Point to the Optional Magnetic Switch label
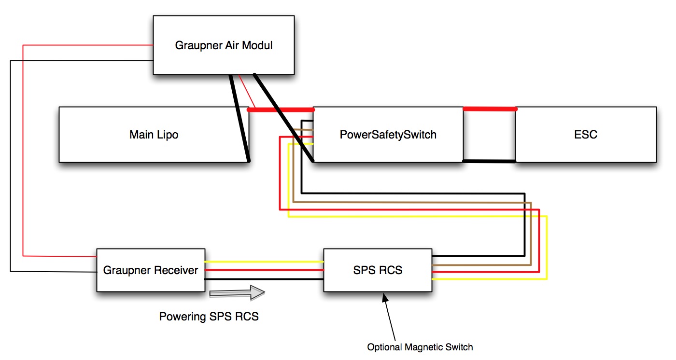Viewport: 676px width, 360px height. [x=420, y=347]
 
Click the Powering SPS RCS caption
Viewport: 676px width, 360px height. [x=209, y=317]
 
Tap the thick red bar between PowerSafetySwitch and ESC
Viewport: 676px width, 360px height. [x=490, y=109]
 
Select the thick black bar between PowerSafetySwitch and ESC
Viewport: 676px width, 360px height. [x=490, y=161]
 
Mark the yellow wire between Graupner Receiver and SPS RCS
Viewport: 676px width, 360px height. [x=264, y=262]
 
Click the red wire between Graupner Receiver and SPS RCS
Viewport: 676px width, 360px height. [x=264, y=270]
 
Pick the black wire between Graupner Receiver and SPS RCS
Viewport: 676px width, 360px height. [x=264, y=279]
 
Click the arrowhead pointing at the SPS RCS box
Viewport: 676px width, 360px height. [x=384, y=297]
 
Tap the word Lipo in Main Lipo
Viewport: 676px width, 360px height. [x=167, y=134]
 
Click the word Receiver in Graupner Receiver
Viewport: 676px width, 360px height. [x=176, y=270]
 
